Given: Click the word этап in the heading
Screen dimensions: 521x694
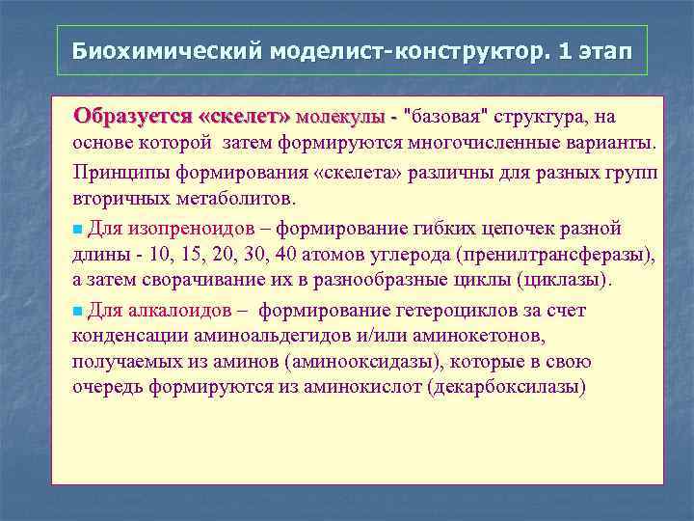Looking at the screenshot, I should pos(603,50).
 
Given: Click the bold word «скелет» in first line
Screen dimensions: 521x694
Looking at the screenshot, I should pos(242,118).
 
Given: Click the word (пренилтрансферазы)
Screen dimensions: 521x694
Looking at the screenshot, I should pos(557,255).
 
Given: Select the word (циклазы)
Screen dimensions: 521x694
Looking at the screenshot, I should pos(565,281).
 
